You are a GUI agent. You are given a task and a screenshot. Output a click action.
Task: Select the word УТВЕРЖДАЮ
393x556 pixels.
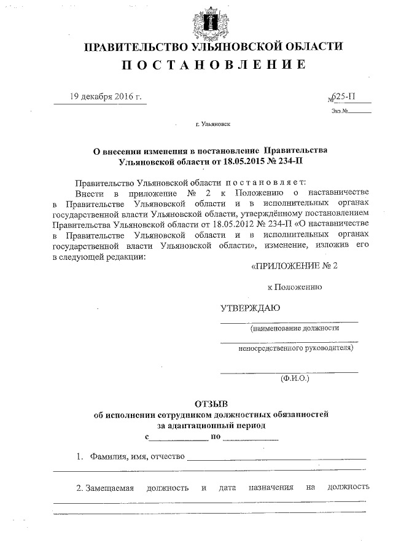251,308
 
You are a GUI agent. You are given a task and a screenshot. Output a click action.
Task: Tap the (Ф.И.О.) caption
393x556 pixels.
295,380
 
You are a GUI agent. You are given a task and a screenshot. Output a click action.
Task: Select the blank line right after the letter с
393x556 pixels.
179,438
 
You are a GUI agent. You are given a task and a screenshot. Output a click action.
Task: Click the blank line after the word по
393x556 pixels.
251,438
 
